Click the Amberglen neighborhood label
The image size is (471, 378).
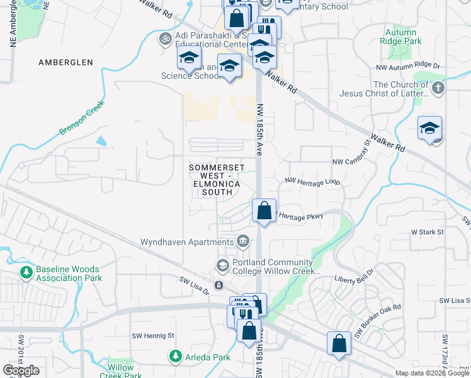[x=65, y=62]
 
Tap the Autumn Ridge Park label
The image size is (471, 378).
[x=398, y=37]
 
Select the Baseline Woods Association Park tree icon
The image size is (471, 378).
[x=26, y=273]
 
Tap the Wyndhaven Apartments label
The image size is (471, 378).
[x=186, y=242]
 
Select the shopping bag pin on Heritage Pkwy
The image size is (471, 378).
[x=264, y=211]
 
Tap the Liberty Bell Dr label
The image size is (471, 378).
[x=354, y=279]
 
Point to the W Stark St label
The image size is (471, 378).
[x=428, y=232]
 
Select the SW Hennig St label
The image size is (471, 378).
[x=152, y=335]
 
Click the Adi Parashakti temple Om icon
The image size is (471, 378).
[x=166, y=39]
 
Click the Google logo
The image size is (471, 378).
[x=21, y=370]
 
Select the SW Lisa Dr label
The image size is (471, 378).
[x=194, y=285]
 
